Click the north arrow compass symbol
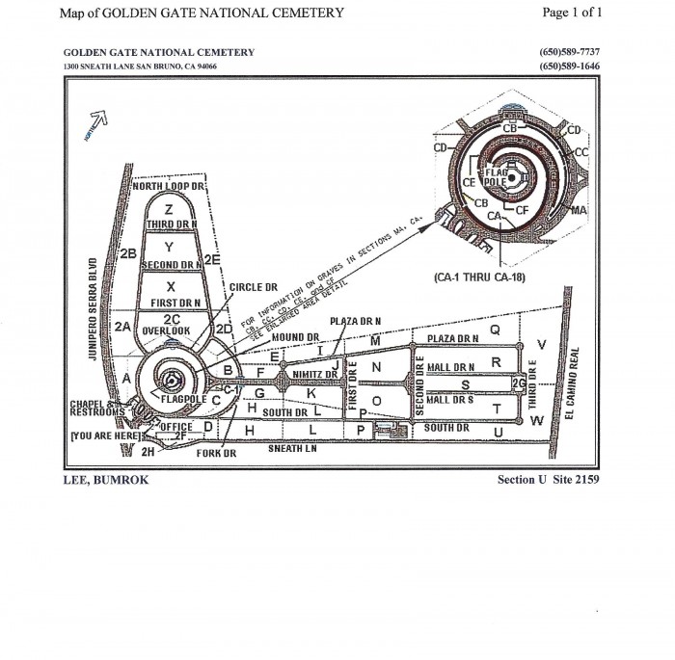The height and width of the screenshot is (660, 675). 98,122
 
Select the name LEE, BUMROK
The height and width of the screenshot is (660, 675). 105,479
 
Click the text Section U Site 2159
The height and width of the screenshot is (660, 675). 548,479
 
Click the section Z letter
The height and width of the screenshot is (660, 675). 169,209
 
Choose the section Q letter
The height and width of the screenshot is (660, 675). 496,330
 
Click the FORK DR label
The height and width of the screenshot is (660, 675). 214,453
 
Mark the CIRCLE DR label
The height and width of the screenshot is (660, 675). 253,287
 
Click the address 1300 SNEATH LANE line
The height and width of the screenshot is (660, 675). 140,67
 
